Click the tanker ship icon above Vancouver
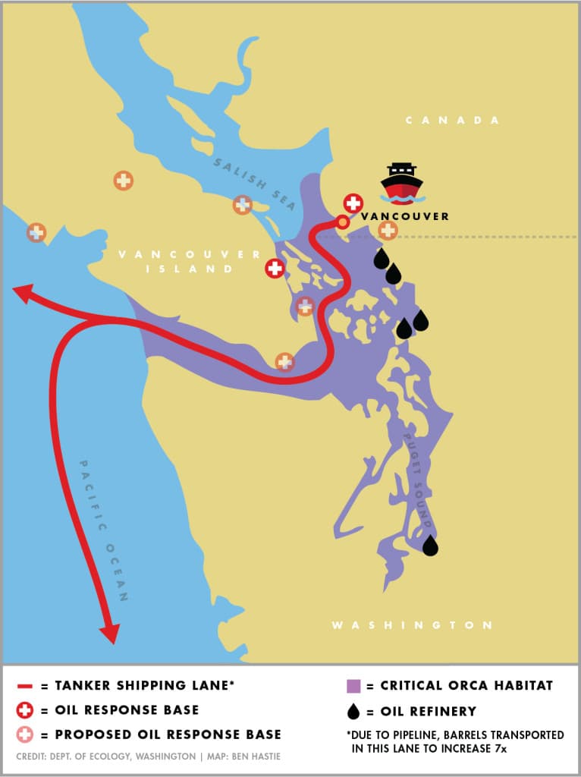(x=401, y=184)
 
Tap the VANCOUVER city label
(x=405, y=216)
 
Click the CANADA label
(x=453, y=121)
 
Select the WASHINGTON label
(x=412, y=625)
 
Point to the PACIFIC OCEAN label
(x=104, y=530)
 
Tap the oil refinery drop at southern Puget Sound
(x=430, y=546)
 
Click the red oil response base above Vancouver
(x=353, y=203)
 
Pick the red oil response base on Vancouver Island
(x=275, y=268)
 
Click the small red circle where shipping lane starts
(x=343, y=222)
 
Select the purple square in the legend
(x=352, y=687)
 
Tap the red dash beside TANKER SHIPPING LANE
(x=24, y=687)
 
